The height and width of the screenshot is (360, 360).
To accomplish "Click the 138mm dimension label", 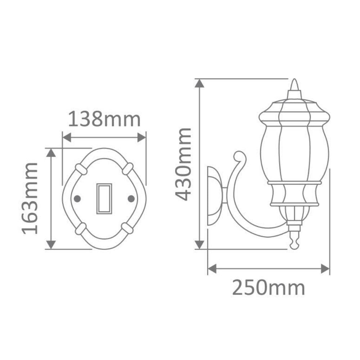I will coord(104,120).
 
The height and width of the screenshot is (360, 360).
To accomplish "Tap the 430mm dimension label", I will coord(184,164).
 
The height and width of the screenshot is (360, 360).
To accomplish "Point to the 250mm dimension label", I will coord(269,288).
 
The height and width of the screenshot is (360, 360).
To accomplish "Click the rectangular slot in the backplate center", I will coord(104,198).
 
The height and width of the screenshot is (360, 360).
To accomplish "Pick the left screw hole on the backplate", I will coord(76,198).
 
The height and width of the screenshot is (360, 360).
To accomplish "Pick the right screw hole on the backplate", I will coord(131,198).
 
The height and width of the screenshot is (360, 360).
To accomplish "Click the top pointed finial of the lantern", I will coord(294,85).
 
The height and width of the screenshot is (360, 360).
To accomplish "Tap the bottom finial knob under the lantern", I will coord(294,243).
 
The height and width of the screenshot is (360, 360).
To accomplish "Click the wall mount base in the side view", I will coord(215,196).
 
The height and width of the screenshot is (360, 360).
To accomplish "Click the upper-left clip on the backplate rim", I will coord(81,169).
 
